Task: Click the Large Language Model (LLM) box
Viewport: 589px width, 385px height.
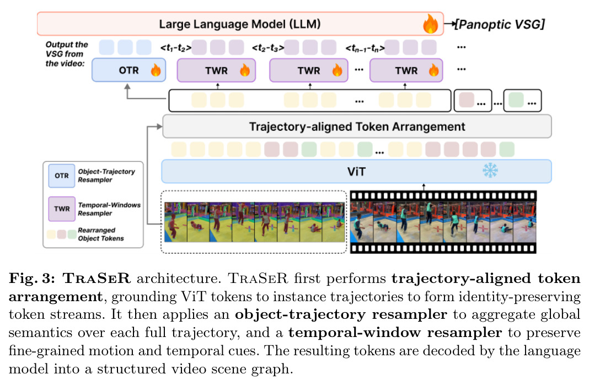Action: pyautogui.click(x=240, y=24)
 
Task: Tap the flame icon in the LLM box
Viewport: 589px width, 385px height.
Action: pyautogui.click(x=430, y=24)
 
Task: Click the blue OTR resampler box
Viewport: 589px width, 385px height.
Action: pyautogui.click(x=129, y=70)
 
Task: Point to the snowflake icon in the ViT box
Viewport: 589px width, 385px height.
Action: pyautogui.click(x=490, y=170)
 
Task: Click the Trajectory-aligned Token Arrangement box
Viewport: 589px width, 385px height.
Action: pyautogui.click(x=357, y=126)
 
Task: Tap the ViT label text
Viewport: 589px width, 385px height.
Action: pyautogui.click(x=356, y=172)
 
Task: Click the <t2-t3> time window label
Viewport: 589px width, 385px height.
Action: pyautogui.click(x=268, y=48)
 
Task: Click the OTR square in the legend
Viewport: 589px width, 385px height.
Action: pyautogui.click(x=62, y=176)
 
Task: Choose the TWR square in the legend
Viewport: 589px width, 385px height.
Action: pyautogui.click(x=62, y=209)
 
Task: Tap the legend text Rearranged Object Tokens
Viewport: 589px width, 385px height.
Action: pyautogui.click(x=101, y=234)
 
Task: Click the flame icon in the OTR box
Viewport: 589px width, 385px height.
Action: pyautogui.click(x=156, y=70)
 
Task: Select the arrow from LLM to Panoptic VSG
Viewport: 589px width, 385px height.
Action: pyautogui.click(x=449, y=24)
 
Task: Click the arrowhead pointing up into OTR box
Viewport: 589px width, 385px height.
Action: pyautogui.click(x=127, y=87)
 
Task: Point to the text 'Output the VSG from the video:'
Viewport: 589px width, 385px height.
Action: pyautogui.click(x=67, y=54)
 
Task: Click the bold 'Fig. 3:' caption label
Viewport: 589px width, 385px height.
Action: pyautogui.click(x=32, y=279)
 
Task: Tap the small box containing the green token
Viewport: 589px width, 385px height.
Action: pyautogui.click(x=522, y=100)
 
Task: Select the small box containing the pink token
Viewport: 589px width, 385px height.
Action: pyautogui.click(x=473, y=100)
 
